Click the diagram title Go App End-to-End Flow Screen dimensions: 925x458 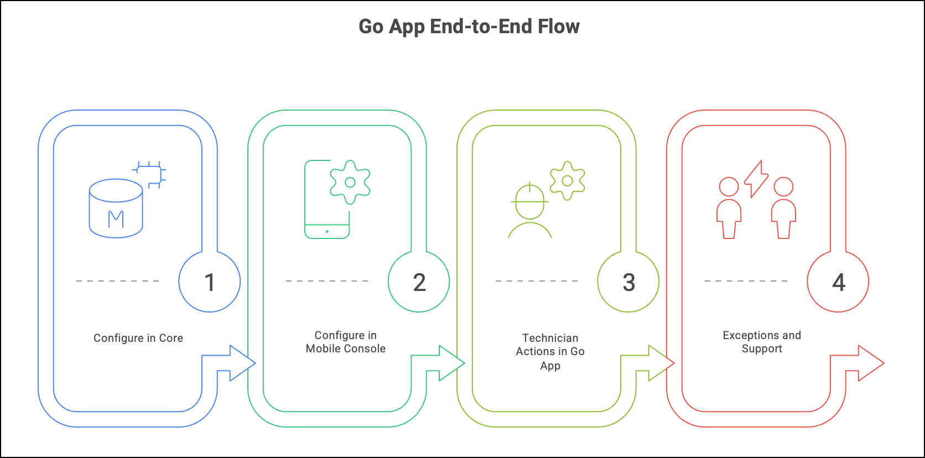click(469, 27)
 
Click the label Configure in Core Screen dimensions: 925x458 click(138, 338)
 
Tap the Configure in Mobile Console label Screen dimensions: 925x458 click(346, 342)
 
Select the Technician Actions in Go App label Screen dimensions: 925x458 click(550, 352)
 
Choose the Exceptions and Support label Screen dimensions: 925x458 click(762, 342)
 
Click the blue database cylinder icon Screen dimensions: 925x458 click(116, 208)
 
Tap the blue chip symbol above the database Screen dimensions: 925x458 click(149, 174)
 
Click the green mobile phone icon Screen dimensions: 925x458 click(327, 199)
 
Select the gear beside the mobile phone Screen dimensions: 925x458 click(350, 182)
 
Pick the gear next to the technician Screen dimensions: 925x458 click(568, 181)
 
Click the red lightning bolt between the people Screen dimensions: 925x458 click(756, 179)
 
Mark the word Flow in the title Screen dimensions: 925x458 click(559, 27)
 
